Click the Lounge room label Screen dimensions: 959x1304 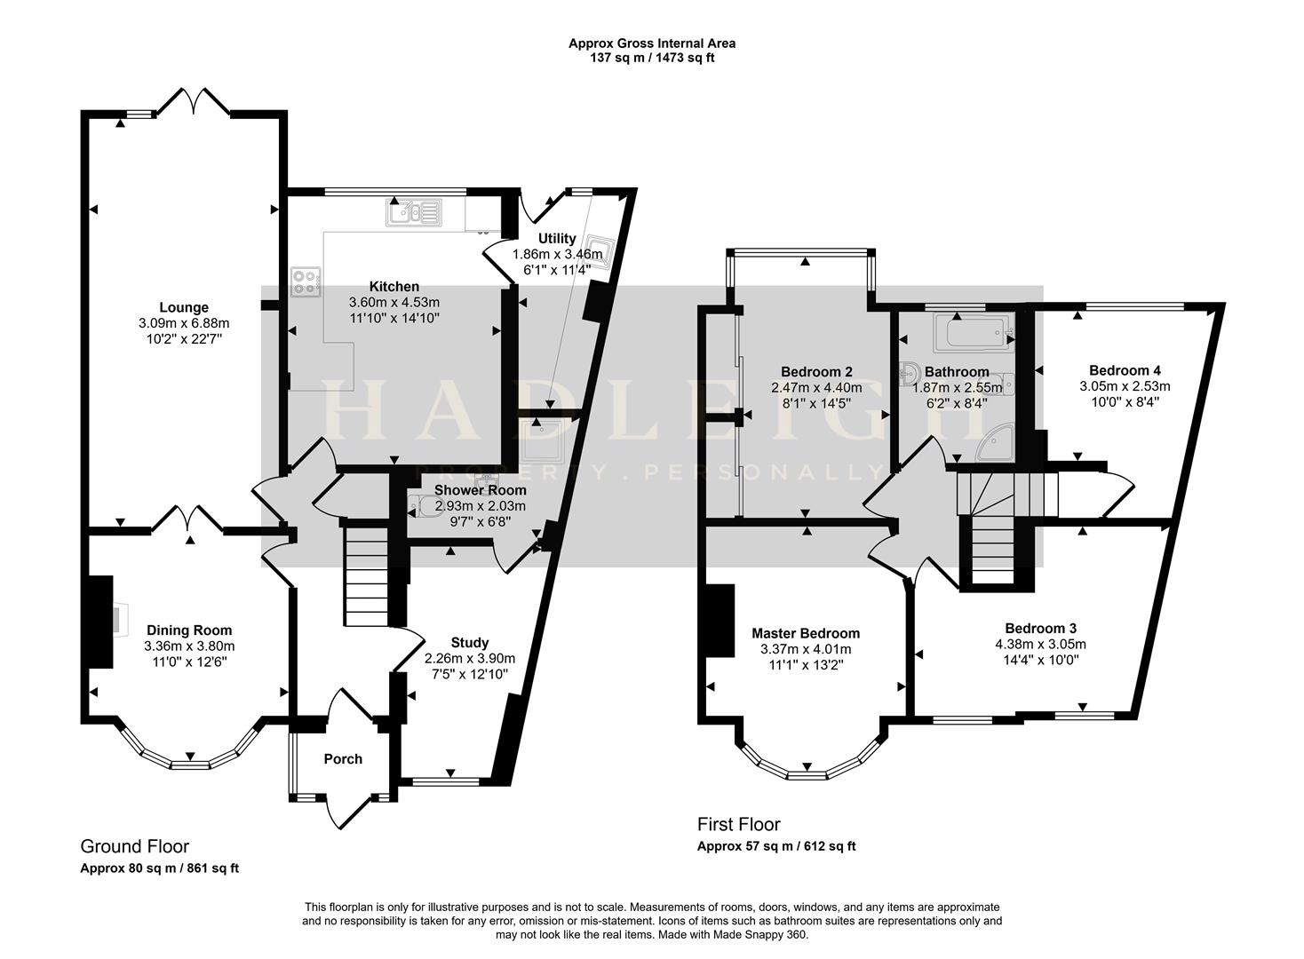point(184,308)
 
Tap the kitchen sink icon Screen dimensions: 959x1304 point(412,212)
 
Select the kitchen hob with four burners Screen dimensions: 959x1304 point(306,282)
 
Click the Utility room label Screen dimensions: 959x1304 point(557,238)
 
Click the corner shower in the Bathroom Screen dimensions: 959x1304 point(993,448)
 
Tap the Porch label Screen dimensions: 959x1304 point(343,759)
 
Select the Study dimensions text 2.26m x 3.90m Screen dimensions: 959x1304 point(469,658)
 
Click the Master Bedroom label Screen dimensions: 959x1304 point(805,633)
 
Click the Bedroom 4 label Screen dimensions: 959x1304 point(1125,370)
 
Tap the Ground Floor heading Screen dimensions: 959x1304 point(134,846)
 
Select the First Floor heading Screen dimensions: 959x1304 point(738,824)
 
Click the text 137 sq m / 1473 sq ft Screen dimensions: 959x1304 point(652,58)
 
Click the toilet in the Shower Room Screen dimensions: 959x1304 point(423,508)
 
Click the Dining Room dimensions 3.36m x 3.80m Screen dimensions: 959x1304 point(190,646)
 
